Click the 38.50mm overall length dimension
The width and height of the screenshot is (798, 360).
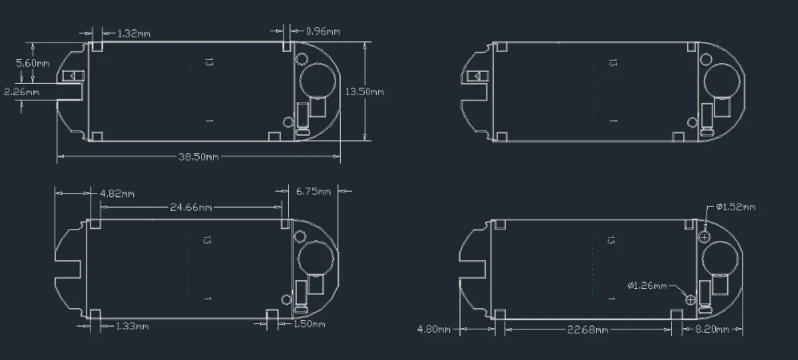tap(199, 156)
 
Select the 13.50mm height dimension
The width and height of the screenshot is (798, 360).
tap(365, 92)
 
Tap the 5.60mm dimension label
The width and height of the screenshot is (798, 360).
tap(33, 63)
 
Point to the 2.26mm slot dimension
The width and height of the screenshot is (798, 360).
tap(22, 92)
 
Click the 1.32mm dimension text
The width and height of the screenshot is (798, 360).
tap(134, 34)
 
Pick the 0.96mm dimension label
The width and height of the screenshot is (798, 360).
tap(323, 32)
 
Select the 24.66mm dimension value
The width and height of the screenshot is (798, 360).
tap(191, 208)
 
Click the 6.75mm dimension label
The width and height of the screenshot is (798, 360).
tap(314, 192)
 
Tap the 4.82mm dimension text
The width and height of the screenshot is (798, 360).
tap(117, 194)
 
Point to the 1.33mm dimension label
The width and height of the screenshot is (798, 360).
tap(132, 326)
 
